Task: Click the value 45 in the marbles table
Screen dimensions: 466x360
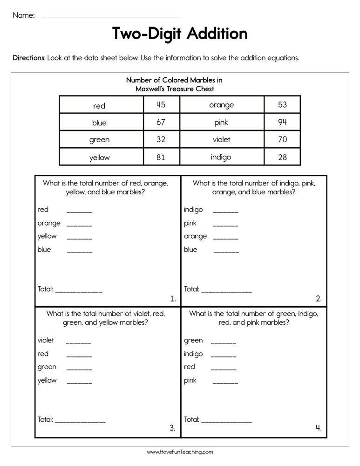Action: [x=161, y=105]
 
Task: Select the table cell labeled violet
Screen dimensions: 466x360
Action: [x=221, y=139]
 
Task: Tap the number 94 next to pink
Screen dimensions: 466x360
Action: [x=282, y=122]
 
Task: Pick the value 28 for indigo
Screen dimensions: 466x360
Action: [x=282, y=157]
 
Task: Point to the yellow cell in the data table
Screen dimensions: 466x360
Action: [x=99, y=158]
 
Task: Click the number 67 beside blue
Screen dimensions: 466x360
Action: [x=161, y=122]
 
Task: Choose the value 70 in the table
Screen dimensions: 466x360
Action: [x=282, y=139]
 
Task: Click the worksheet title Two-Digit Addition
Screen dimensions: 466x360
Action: [x=180, y=34]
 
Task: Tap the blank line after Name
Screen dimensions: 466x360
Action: [x=110, y=17]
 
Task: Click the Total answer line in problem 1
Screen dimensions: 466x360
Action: [x=78, y=291]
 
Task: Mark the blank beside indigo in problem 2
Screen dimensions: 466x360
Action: [x=225, y=212]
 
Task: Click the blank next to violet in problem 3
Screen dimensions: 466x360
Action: [x=79, y=342]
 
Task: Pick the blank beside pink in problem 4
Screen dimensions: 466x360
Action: [x=225, y=383]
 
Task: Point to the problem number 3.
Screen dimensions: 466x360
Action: [x=172, y=428]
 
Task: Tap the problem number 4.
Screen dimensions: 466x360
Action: [x=319, y=428]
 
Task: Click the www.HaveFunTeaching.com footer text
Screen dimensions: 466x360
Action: [x=180, y=452]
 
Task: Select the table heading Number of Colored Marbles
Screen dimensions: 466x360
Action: [x=175, y=80]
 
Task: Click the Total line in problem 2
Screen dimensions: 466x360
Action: [x=226, y=291]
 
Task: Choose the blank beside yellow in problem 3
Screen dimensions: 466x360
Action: [x=79, y=383]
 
